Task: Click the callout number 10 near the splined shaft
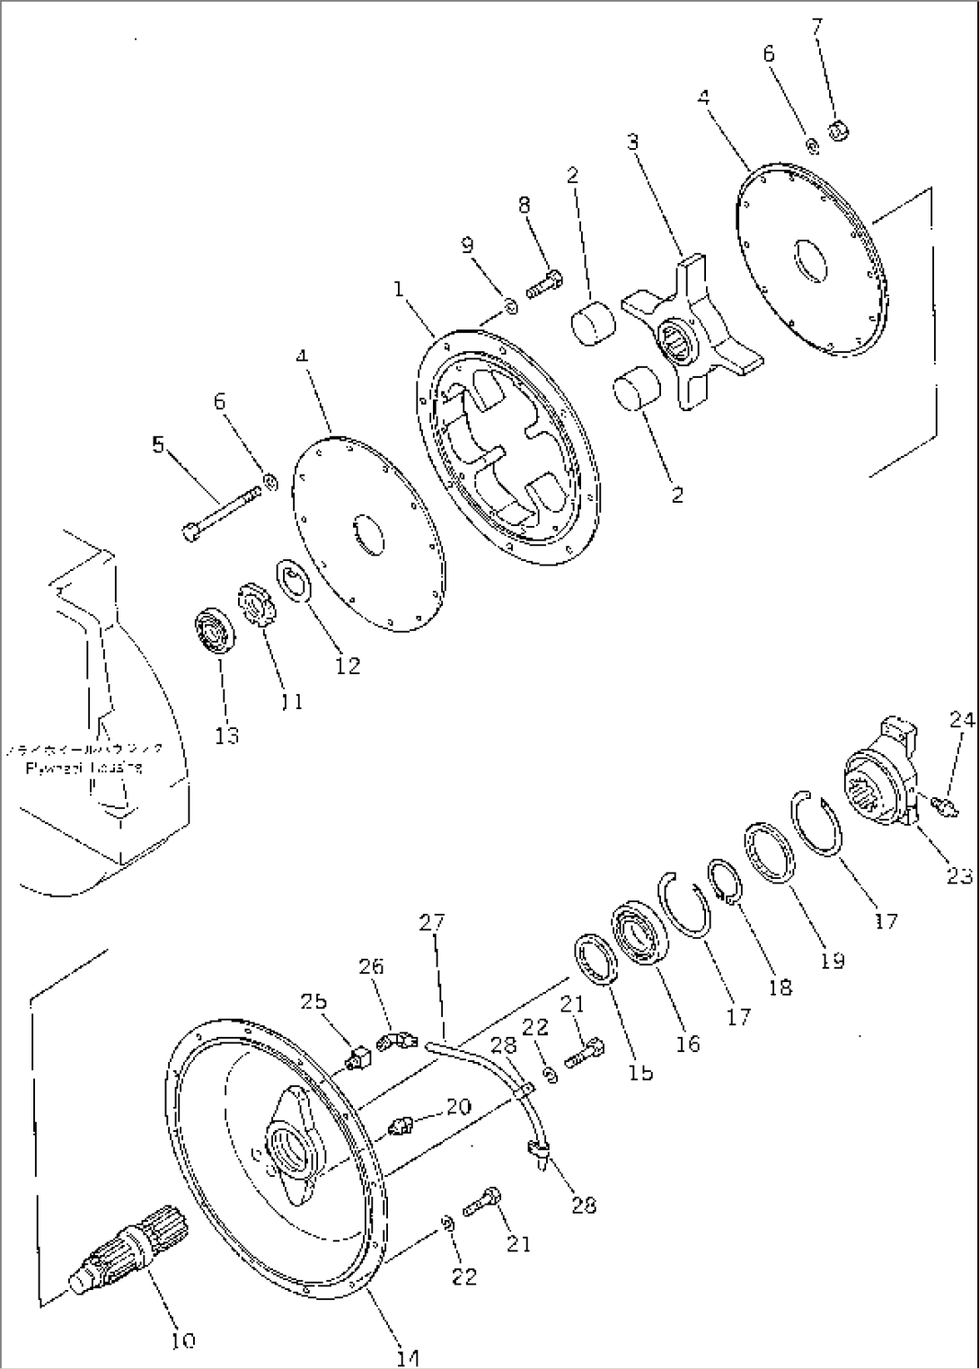[x=182, y=1340]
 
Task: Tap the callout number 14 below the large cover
[x=407, y=1356]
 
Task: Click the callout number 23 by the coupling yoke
[x=958, y=875]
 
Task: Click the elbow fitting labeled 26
[x=395, y=1040]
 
